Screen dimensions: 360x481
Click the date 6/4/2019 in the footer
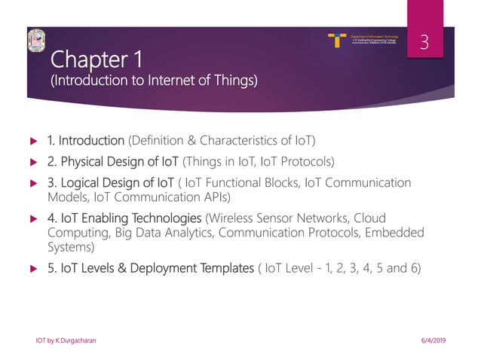(431, 341)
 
